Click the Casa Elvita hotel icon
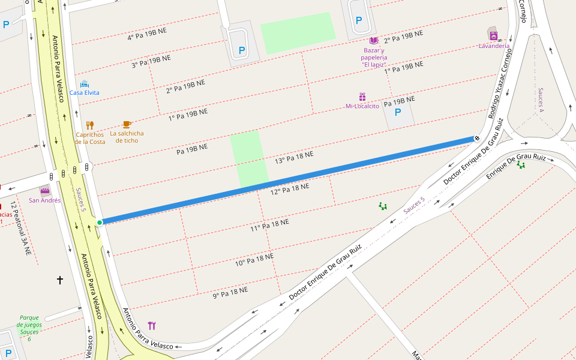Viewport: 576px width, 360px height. tap(84, 84)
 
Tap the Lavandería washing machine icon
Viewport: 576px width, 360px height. tap(493, 35)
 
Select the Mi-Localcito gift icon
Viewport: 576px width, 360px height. tap(362, 97)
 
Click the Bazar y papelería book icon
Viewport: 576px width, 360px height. tap(374, 40)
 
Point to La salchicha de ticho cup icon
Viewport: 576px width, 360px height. tap(127, 124)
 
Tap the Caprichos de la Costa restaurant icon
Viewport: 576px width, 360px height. tap(90, 125)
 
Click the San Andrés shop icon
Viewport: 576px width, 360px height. tap(45, 191)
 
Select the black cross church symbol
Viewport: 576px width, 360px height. tap(60, 280)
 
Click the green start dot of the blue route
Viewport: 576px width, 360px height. tap(100, 223)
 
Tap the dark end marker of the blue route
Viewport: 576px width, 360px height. tap(476, 139)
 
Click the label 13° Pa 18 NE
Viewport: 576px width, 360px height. tap(294, 158)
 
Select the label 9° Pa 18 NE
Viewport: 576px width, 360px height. tap(230, 293)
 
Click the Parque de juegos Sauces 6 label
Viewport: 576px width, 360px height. tap(29, 328)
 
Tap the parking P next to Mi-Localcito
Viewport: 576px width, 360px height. tap(397, 112)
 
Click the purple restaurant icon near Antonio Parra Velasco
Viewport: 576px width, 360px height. tap(151, 325)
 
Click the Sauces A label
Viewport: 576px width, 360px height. tap(540, 99)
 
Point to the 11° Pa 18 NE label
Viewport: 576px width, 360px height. tap(269, 225)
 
